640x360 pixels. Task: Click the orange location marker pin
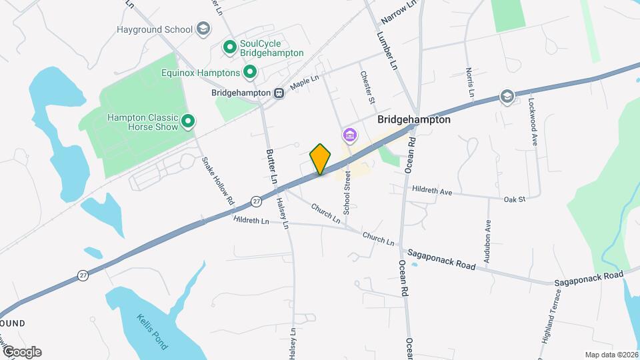[321, 159]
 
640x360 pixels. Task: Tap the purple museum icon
[349, 136]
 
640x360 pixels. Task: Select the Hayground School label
[155, 29]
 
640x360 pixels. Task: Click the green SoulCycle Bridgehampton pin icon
[229, 47]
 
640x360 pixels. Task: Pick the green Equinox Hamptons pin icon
[250, 71]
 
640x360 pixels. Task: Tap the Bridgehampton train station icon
[279, 93]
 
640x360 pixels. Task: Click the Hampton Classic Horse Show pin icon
[188, 121]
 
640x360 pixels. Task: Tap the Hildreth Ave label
[431, 191]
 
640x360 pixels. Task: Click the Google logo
[21, 351]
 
